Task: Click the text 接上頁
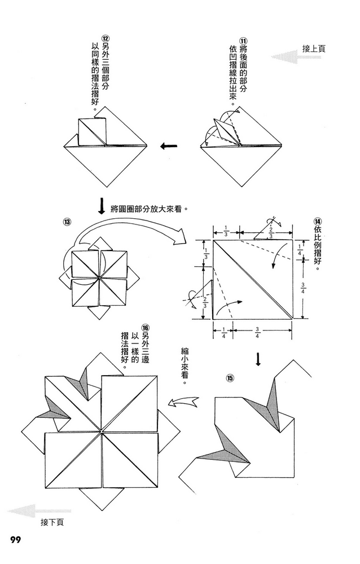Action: tap(314, 49)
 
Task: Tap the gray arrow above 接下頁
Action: tap(33, 511)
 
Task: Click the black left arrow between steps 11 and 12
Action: tap(169, 147)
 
